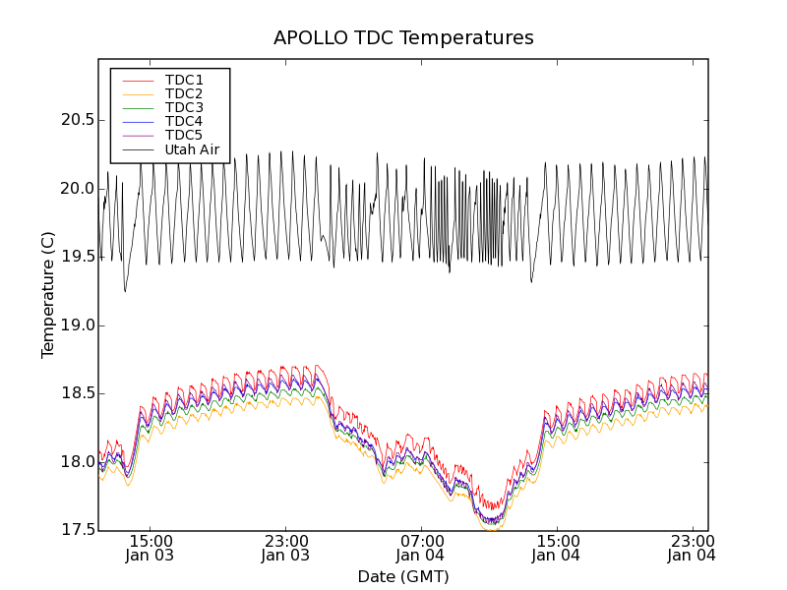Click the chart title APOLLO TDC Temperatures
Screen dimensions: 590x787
(403, 38)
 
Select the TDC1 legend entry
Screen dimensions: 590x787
(184, 80)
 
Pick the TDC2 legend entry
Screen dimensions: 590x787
(184, 93)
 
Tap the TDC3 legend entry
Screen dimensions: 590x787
(184, 107)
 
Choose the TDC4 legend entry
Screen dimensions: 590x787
(184, 121)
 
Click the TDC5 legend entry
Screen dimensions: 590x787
(184, 135)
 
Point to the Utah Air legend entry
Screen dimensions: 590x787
(192, 150)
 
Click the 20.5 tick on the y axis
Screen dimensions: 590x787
(76, 120)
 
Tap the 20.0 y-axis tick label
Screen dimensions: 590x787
(76, 189)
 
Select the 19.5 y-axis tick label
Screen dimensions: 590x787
(76, 257)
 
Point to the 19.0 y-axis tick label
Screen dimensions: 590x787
(76, 325)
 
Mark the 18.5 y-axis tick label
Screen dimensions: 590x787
(76, 393)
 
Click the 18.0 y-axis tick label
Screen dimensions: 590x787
(76, 462)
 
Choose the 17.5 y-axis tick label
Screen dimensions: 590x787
(76, 531)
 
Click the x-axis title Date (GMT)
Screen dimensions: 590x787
(403, 576)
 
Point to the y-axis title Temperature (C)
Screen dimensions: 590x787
(48, 295)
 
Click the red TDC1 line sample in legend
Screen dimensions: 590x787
(137, 80)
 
